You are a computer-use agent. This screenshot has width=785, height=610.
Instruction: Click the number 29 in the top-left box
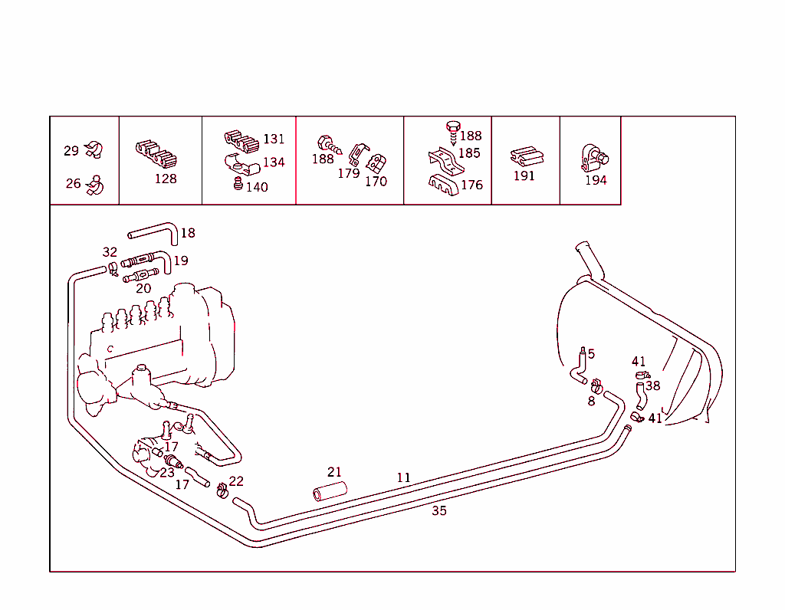point(71,151)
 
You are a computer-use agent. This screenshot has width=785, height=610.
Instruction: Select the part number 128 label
point(166,179)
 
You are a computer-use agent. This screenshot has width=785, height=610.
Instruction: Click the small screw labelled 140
point(238,184)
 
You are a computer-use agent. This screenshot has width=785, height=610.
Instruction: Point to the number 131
point(274,139)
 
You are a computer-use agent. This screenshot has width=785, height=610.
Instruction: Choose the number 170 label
point(376,182)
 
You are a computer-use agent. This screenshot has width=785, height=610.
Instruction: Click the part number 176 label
point(471,185)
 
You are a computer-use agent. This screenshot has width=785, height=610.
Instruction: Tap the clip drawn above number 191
point(527,156)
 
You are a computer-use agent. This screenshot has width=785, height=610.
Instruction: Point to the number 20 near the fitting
point(143,288)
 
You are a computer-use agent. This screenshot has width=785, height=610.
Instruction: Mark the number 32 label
point(110,252)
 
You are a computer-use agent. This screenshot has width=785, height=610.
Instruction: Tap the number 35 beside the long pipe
point(438,510)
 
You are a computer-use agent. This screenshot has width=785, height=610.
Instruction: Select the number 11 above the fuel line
point(403,477)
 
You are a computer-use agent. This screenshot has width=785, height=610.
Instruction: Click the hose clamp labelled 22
point(222,488)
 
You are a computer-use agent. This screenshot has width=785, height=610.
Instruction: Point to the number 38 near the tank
point(652,385)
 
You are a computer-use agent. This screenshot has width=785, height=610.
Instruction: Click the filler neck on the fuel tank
point(588,257)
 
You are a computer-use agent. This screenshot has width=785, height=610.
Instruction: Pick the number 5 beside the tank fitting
point(591,354)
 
